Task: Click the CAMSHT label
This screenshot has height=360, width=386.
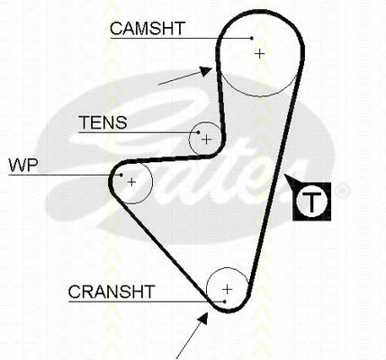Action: pos(148,29)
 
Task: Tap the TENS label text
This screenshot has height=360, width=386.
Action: pos(103,122)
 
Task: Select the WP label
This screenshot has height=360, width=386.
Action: pos(23,165)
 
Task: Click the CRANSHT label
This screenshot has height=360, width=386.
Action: pos(112,292)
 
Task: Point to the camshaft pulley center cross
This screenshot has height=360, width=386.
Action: pos(260,54)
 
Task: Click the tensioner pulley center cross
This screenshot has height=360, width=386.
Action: pos(206,139)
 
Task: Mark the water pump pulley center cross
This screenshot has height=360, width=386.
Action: pos(131,182)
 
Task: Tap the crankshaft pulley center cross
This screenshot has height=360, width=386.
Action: pos(228,289)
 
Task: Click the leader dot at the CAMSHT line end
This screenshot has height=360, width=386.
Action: pos(252,38)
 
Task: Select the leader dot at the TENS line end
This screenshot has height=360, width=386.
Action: pos(198,132)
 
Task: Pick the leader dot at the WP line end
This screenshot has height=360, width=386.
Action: pos(121,175)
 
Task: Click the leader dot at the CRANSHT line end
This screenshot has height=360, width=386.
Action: pos(224,301)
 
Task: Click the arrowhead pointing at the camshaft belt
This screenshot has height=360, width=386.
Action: pos(206,71)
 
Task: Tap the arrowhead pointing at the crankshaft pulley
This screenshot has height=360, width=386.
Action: pos(203,319)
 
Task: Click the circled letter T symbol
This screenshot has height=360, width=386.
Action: pos(311,202)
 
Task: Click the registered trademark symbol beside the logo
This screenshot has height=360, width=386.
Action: pos(342,192)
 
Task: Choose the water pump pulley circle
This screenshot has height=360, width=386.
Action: pos(152,182)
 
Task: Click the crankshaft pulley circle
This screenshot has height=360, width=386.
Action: pos(228,268)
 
